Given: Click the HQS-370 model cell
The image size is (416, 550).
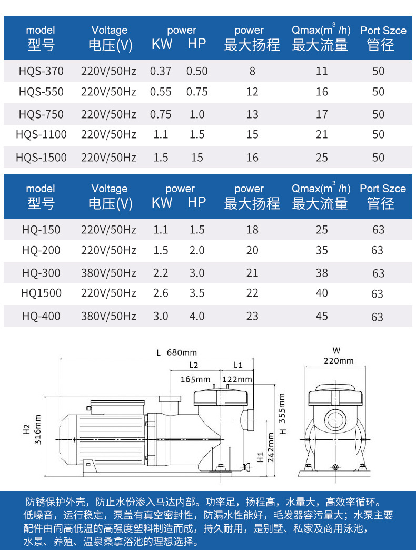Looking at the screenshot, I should point(42,71).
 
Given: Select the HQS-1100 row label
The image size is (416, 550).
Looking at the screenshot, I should point(42,135).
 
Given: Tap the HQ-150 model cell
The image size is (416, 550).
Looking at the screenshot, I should point(42,230).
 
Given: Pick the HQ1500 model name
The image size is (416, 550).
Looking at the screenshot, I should point(42,293).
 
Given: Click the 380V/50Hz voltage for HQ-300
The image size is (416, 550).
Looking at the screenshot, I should point(108,273).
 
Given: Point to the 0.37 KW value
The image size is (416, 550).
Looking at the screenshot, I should point(161,71).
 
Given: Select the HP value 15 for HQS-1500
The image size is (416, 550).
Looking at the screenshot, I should point(197,158).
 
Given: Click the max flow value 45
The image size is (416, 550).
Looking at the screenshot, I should point(322,316).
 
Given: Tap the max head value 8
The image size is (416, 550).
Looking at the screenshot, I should point(252,71).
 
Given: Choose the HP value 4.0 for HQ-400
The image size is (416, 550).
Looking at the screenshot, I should point(197,316).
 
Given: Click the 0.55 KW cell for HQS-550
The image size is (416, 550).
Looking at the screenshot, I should point(161,92).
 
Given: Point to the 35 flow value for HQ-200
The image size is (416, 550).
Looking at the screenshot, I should point(322,251).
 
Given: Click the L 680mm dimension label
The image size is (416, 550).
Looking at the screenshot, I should point(176,352).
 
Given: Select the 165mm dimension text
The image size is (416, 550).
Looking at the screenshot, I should point(195,379).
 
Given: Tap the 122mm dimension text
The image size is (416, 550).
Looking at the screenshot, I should point(237,379).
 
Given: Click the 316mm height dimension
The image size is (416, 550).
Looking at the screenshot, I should point(38,429).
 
